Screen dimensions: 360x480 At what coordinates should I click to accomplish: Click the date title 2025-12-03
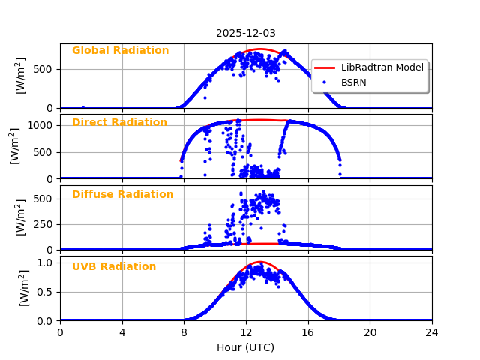(x=246, y=33)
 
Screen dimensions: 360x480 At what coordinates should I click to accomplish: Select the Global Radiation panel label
(x=120, y=51)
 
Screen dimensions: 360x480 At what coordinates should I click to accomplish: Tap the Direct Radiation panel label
(x=119, y=123)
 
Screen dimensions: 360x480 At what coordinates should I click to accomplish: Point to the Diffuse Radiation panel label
(x=122, y=195)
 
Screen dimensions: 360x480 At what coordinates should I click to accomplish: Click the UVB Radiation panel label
(x=114, y=267)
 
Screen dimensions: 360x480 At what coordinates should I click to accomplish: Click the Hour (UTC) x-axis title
(x=246, y=347)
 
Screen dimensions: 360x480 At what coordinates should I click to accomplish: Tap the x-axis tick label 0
(x=60, y=331)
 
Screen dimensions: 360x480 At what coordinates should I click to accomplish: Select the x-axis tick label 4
(x=122, y=331)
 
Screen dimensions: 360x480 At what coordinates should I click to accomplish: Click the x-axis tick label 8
(x=184, y=331)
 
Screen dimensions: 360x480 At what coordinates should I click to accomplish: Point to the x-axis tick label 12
(x=246, y=331)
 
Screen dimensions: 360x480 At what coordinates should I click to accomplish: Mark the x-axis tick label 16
(x=308, y=331)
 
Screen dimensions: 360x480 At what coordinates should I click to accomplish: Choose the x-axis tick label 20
(x=370, y=331)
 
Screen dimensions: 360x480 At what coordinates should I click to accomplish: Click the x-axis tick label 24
(x=432, y=331)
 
